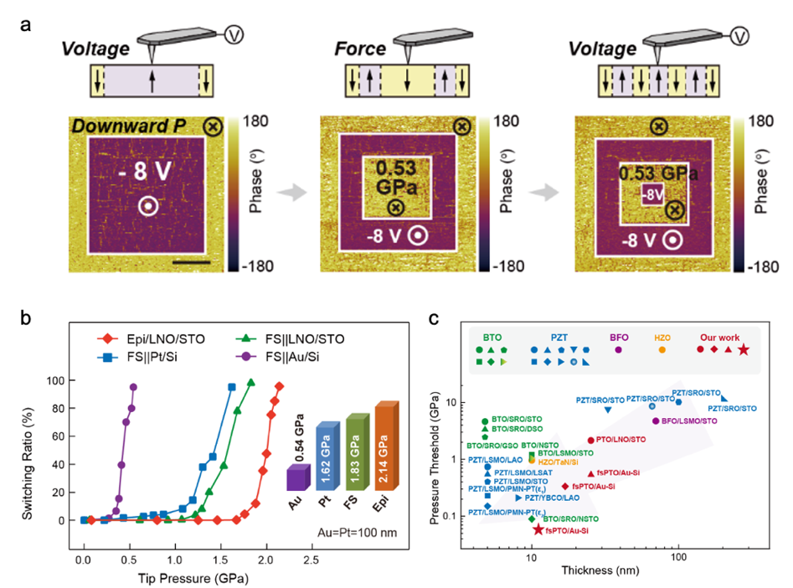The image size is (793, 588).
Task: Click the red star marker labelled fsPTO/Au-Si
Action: click(538, 529)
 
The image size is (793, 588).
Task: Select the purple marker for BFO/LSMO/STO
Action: click(656, 420)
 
